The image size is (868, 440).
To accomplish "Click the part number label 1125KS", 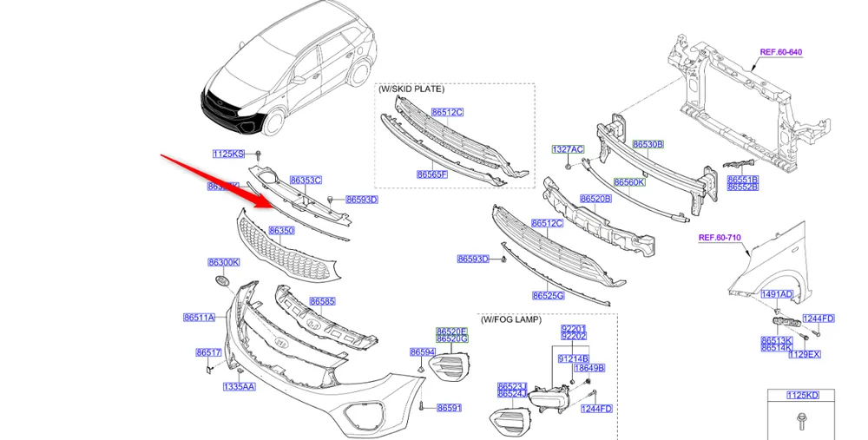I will pyautogui.click(x=227, y=154).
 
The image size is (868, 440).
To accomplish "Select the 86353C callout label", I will pyautogui.click(x=306, y=181).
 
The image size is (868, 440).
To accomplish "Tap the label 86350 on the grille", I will pyautogui.click(x=281, y=231).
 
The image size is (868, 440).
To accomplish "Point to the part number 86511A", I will pyautogui.click(x=199, y=319).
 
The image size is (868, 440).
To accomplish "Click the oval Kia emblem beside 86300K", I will pyautogui.click(x=221, y=281).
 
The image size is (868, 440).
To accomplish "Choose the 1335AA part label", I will pyautogui.click(x=239, y=386).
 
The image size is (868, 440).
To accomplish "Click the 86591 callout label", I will pyautogui.click(x=449, y=408).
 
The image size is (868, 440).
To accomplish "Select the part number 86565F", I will pyautogui.click(x=432, y=174).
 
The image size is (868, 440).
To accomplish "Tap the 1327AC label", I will pyautogui.click(x=568, y=149).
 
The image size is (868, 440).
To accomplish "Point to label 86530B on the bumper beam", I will pyautogui.click(x=648, y=144).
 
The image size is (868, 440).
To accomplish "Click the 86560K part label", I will pyautogui.click(x=629, y=182).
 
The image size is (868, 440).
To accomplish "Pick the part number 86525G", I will pyautogui.click(x=549, y=296).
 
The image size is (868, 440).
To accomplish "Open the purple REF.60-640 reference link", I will pyautogui.click(x=781, y=52).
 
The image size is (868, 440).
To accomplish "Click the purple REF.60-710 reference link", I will pyautogui.click(x=720, y=237).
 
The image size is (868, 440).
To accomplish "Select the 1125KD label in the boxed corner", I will pyautogui.click(x=802, y=396).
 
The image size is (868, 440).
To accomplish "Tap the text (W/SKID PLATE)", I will pyautogui.click(x=411, y=89).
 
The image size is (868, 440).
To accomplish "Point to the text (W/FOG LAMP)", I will pyautogui.click(x=510, y=320).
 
